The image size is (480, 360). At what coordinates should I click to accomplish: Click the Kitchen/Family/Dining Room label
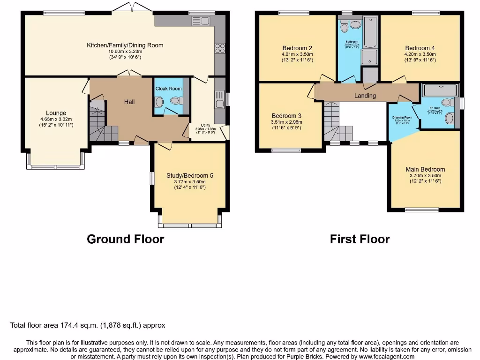coord(125,45)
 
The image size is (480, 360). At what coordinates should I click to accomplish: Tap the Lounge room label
coord(56,113)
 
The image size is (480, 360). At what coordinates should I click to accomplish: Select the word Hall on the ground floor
coord(129,102)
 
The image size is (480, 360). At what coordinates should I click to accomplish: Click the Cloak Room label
coord(168,89)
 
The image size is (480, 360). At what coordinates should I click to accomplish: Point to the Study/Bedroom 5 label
coord(189,176)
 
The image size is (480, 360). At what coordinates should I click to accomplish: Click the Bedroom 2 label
coord(297,48)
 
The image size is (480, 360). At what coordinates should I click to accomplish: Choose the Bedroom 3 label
coord(286,116)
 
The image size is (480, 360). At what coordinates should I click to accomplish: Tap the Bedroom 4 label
coord(420,48)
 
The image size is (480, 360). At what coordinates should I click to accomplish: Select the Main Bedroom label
coord(425,169)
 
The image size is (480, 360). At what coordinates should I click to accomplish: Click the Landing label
coord(365,96)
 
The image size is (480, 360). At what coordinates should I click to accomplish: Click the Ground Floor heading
coord(125,240)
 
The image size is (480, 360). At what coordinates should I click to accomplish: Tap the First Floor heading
coord(360,240)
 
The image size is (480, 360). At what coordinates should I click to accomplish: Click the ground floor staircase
coord(98,122)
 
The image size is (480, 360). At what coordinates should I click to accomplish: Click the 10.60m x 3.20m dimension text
coord(125,52)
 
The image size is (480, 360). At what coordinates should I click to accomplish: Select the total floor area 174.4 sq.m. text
coord(88,325)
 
